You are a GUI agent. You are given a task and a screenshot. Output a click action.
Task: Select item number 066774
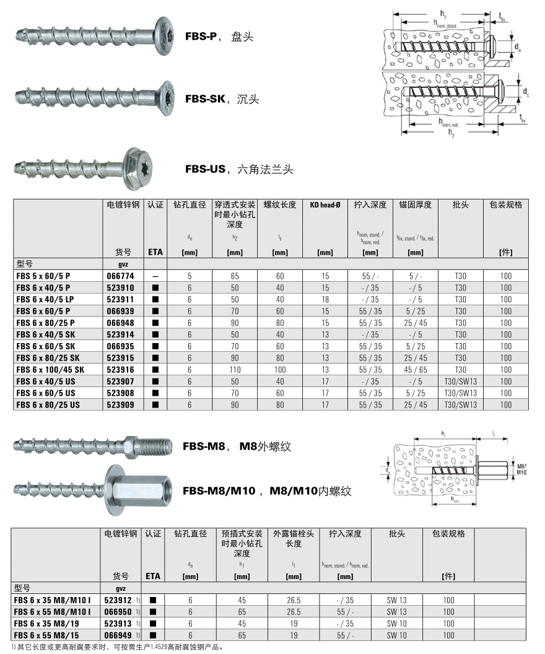123,275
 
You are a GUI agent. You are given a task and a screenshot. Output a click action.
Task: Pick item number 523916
123,370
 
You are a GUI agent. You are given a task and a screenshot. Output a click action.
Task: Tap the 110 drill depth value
235,370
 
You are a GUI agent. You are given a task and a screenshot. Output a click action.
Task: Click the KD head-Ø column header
325,205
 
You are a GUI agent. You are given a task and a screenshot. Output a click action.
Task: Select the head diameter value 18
325,299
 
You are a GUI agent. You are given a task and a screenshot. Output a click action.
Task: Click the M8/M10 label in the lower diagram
520,469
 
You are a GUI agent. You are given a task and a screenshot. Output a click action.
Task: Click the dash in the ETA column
155,276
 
